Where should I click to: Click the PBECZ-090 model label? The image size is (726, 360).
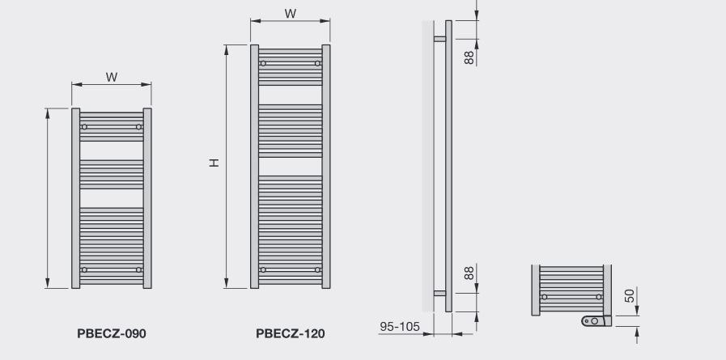click(112, 332)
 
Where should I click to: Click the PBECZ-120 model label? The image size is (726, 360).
click(291, 332)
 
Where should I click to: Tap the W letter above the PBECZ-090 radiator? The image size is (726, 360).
click(112, 77)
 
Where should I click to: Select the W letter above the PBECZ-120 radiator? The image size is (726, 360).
click(291, 14)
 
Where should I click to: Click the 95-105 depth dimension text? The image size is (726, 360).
click(401, 327)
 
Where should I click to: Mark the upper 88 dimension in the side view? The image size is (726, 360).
click(469, 58)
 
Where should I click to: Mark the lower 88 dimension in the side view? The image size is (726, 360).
click(469, 273)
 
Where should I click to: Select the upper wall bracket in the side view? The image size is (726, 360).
click(439, 38)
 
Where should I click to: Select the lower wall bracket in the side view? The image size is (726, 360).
click(439, 294)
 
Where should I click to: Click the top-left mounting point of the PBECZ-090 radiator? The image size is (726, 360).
click(83, 126)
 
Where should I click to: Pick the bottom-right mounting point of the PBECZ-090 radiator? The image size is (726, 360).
click(139, 269)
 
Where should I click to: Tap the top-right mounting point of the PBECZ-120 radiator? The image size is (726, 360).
click(317, 63)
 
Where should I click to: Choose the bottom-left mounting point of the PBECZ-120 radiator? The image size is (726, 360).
click(262, 269)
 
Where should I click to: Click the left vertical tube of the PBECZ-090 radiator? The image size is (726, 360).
click(76, 198)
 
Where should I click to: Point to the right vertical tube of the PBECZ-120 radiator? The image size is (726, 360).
click(325, 166)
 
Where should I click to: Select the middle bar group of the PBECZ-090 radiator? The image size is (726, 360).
click(112, 173)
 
